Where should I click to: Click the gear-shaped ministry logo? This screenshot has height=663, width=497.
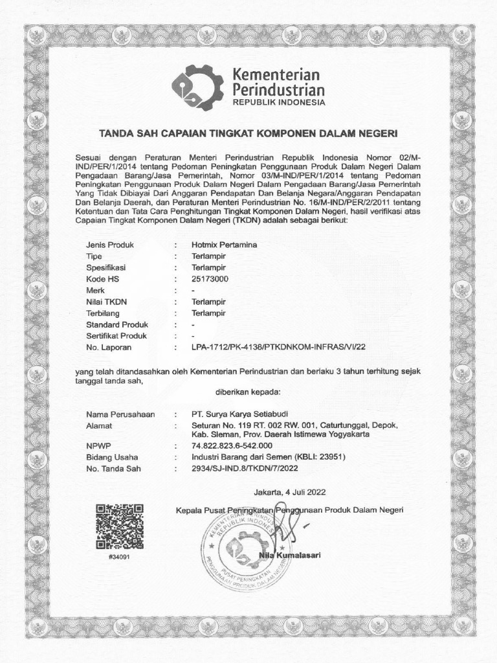pyautogui.click(x=197, y=87)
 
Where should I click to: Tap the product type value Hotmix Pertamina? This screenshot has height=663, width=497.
pyautogui.click(x=224, y=245)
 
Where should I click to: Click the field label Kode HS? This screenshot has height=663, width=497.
pyautogui.click(x=103, y=279)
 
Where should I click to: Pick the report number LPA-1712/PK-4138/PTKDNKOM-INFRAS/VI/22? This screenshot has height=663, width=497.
pyautogui.click(x=278, y=348)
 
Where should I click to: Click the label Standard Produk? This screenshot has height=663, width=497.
pyautogui.click(x=117, y=324)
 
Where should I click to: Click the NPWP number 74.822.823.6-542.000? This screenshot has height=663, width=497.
pyautogui.click(x=232, y=446)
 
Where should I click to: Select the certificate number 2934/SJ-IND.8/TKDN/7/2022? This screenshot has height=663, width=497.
pyautogui.click(x=245, y=468)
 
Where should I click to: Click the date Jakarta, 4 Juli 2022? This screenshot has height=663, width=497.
pyautogui.click(x=290, y=491)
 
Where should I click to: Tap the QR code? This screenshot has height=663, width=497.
pyautogui.click(x=119, y=526)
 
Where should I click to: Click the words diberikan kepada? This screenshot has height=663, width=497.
pyautogui.click(x=248, y=392)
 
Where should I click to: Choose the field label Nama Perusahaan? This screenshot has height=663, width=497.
pyautogui.click(x=120, y=414)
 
